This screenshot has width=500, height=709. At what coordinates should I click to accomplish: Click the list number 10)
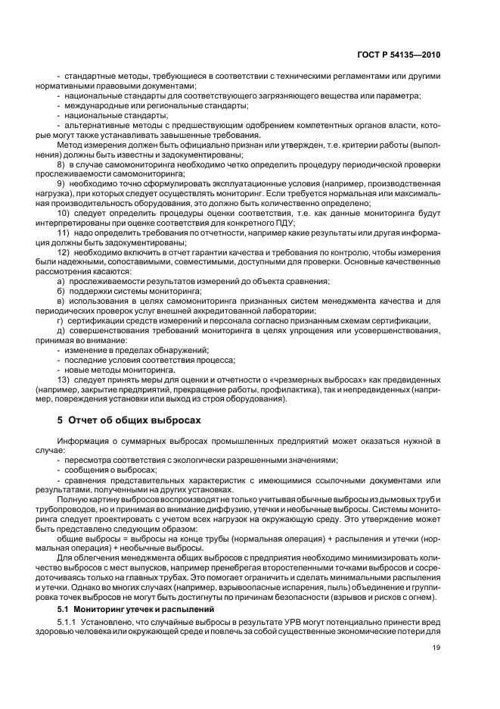(x=64, y=214)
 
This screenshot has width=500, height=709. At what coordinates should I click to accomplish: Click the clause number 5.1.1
(x=69, y=622)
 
